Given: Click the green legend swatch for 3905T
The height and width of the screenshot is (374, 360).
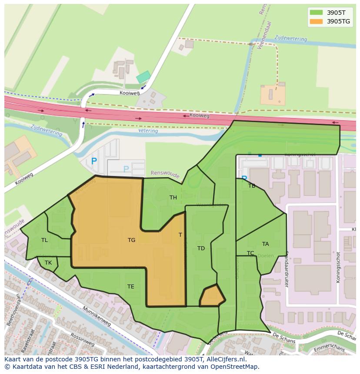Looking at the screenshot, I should pyautogui.click(x=316, y=13).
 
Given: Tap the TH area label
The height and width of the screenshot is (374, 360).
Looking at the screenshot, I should pyautogui.click(x=173, y=198).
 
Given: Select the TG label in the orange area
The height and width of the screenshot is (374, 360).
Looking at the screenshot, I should pyautogui.click(x=131, y=240).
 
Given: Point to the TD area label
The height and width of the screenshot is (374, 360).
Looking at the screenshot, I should pyautogui.click(x=201, y=248).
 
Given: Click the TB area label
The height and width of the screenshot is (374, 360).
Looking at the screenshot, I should pyautogui.click(x=252, y=186).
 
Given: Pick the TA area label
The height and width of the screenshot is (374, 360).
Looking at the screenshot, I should pyautogui.click(x=265, y=244).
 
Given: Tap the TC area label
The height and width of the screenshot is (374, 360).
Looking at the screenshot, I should pyautogui.click(x=250, y=253).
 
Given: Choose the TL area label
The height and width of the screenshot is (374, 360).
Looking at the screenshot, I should pyautogui.click(x=44, y=240).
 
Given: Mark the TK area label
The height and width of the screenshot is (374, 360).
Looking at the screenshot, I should pyautogui.click(x=48, y=263).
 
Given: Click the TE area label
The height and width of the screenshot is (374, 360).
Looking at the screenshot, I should pyautogui.click(x=131, y=287).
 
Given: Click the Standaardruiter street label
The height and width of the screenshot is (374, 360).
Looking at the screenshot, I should pyautogui.click(x=287, y=269).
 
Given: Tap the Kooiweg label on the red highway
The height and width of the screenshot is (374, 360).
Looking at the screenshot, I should pyautogui.click(x=199, y=116).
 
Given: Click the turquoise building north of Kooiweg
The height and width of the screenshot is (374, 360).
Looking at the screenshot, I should pyautogui.click(x=143, y=77).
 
